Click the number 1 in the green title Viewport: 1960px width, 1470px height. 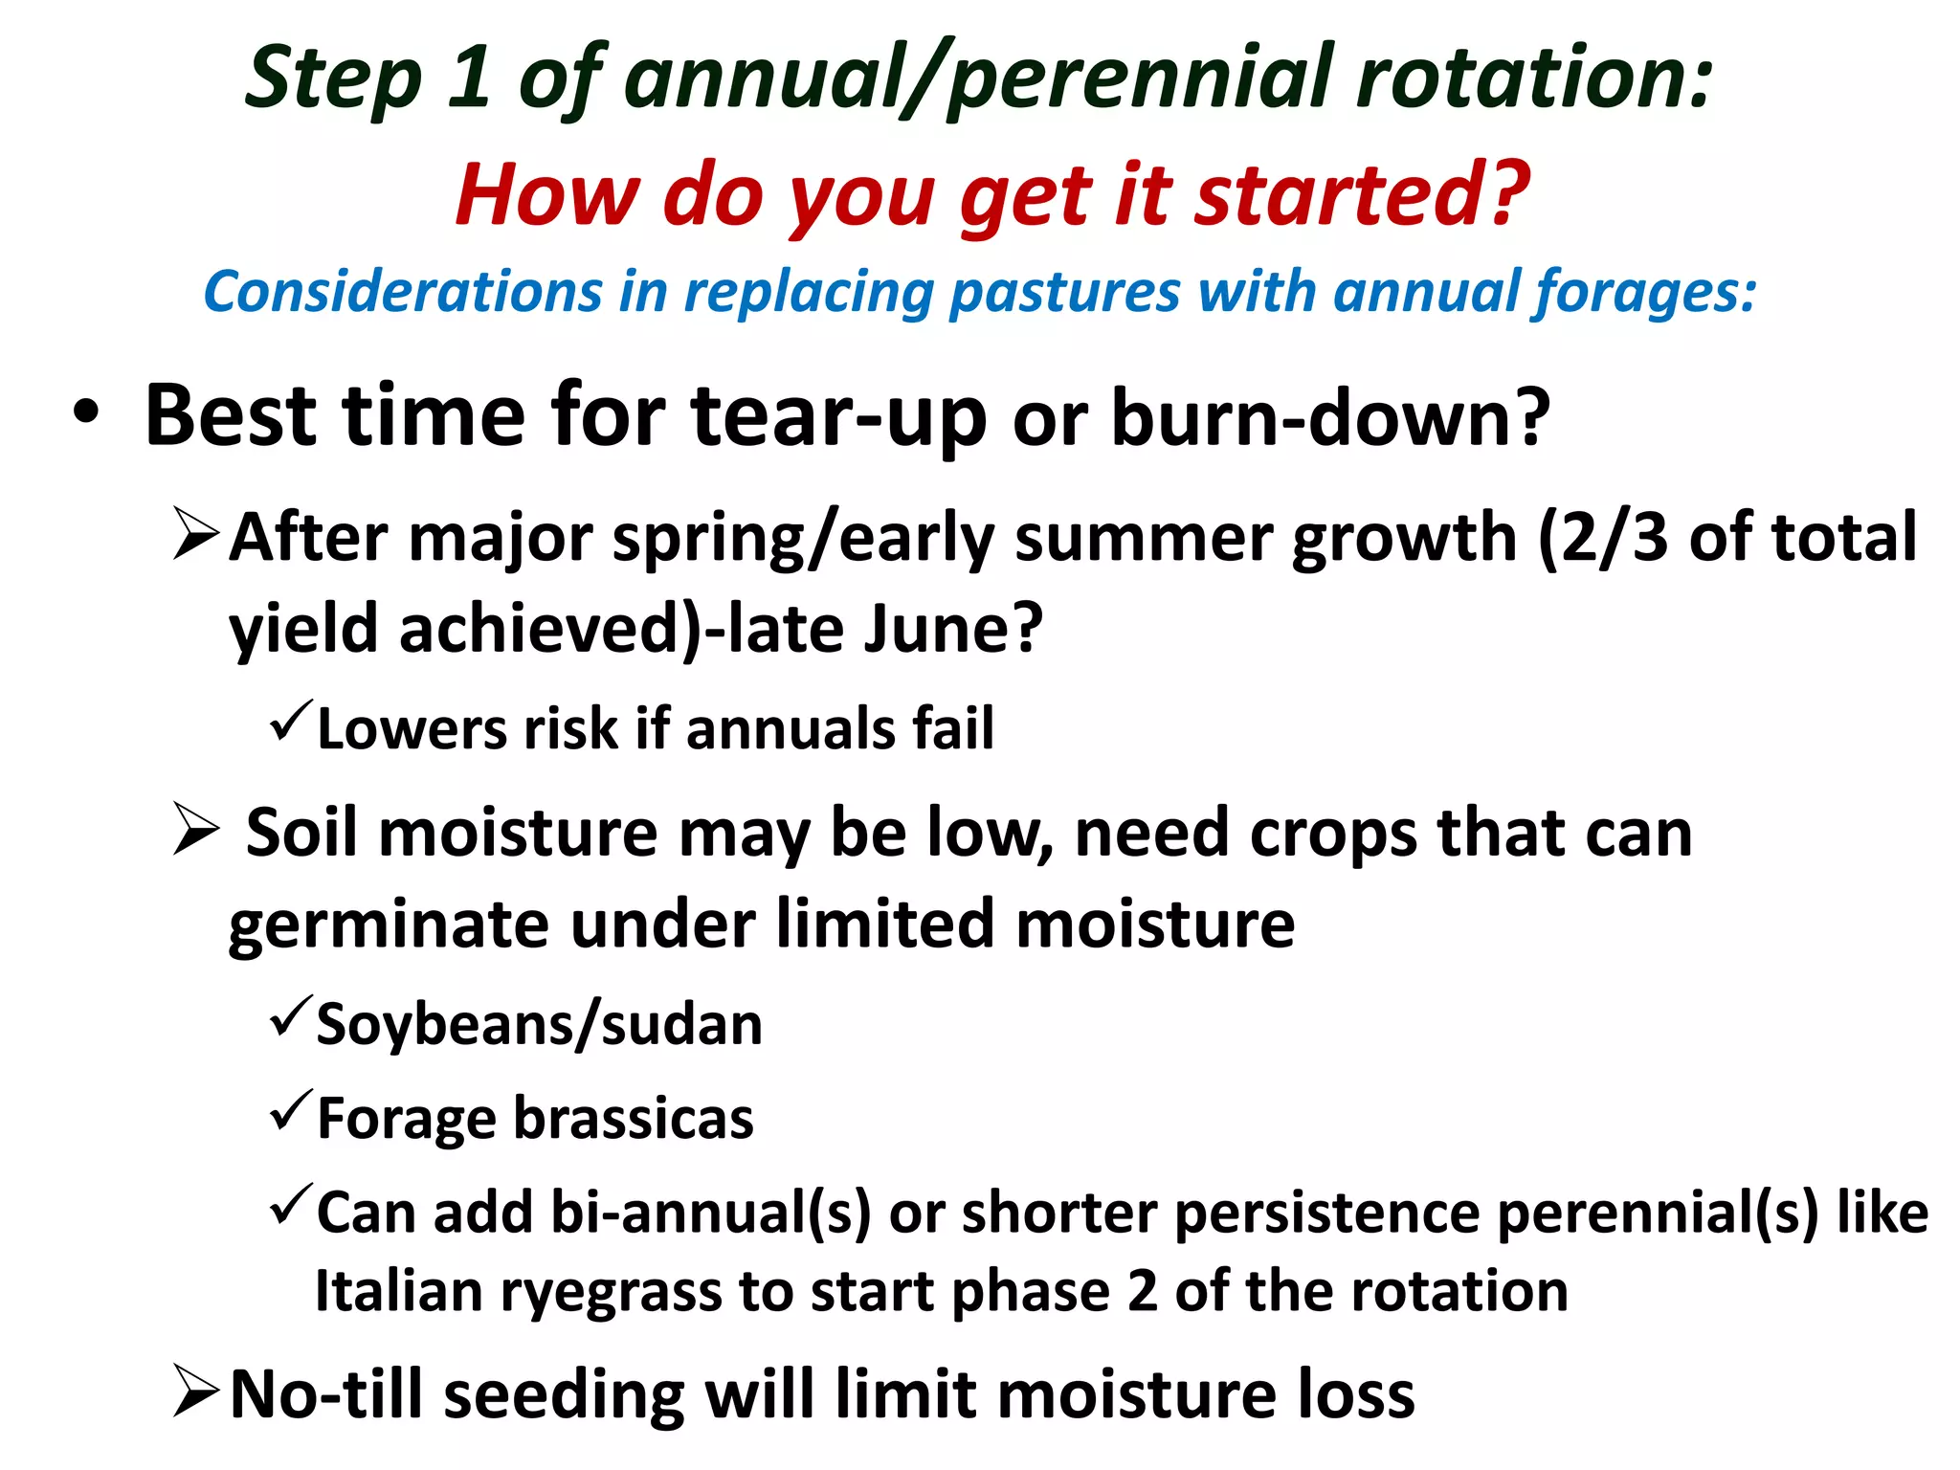click(469, 78)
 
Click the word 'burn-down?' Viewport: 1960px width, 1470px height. click(1330, 418)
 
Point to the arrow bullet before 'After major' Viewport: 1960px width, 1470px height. click(197, 536)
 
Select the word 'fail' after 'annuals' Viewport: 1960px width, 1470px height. click(953, 728)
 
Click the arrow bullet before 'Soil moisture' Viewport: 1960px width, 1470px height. click(197, 830)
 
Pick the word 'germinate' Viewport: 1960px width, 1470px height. click(388, 924)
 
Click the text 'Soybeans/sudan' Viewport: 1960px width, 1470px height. click(539, 1025)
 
